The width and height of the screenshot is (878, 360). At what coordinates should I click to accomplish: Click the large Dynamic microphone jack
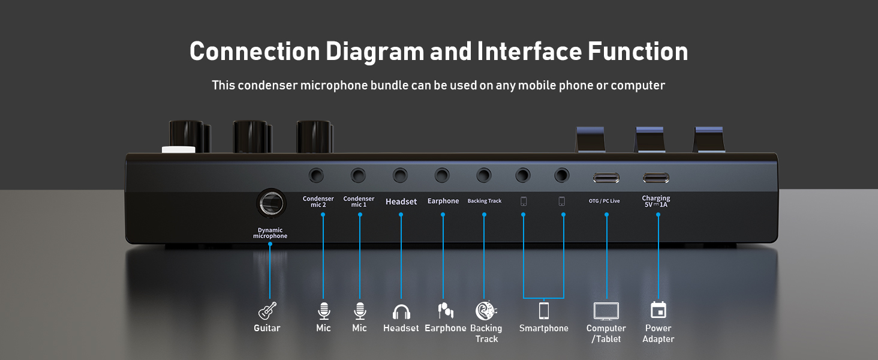[x=271, y=203]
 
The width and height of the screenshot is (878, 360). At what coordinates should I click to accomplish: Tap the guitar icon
[x=267, y=311]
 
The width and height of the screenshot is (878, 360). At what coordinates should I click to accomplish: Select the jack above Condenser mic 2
[x=316, y=176]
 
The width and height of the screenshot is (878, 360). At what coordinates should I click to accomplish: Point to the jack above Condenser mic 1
[x=359, y=176]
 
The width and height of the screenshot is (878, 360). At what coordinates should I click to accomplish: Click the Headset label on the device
[x=401, y=202]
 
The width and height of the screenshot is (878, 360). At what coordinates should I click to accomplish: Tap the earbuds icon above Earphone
[x=445, y=310]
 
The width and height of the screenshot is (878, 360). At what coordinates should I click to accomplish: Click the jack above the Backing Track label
[x=484, y=176]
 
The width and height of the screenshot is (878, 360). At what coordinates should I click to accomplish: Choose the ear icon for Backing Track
[x=485, y=310]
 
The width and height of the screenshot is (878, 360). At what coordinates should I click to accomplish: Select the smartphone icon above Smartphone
[x=543, y=311]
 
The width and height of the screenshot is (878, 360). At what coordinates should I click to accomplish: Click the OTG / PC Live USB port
[x=606, y=178]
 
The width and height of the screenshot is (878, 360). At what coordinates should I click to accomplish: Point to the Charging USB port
[x=656, y=178]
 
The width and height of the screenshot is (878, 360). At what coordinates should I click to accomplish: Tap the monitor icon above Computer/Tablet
[x=606, y=311]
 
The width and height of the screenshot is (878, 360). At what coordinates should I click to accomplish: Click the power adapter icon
[x=659, y=310]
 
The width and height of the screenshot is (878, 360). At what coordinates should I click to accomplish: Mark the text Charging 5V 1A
[x=656, y=202]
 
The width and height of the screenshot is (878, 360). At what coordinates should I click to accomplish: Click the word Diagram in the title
[x=374, y=52]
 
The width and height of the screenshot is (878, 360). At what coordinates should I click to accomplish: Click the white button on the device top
[x=178, y=149]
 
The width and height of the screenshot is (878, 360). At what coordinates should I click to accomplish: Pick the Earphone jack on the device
[x=442, y=176]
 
